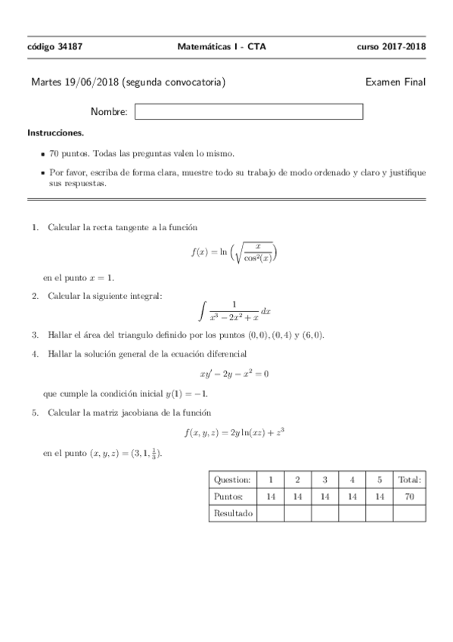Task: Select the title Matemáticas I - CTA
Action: point(222,46)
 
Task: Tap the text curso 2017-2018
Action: point(392,46)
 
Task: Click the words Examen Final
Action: point(396,82)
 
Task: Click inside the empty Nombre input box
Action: point(249,112)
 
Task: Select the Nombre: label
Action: point(109,112)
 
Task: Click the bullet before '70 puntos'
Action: point(44,152)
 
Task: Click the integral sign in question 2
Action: point(201,310)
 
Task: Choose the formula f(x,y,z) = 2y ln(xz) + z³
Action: point(234,432)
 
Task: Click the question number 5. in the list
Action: point(35,413)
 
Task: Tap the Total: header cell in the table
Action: point(409,479)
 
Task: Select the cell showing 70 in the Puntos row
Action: point(409,496)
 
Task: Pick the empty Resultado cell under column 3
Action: point(324,513)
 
